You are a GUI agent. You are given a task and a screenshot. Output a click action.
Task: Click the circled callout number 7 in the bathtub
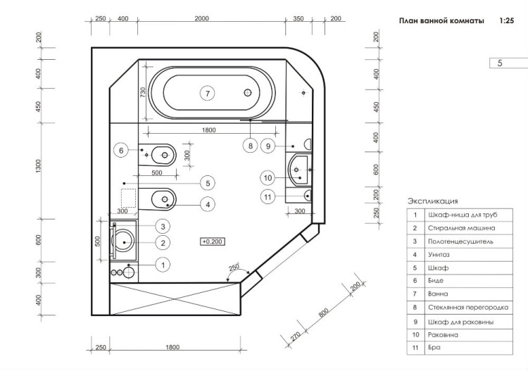pyautogui.click(x=206, y=93)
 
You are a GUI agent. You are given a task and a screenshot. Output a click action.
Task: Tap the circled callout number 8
pyautogui.click(x=249, y=146)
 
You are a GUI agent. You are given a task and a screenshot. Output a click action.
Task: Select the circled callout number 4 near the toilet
pyautogui.click(x=207, y=203)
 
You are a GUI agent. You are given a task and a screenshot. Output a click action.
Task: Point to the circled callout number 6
pyautogui.click(x=121, y=150)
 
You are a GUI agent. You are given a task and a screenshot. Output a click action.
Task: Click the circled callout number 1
pyautogui.click(x=162, y=265)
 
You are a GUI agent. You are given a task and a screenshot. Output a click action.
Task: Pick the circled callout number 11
pyautogui.click(x=268, y=197)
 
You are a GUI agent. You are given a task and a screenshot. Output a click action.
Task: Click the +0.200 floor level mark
pyautogui.click(x=212, y=241)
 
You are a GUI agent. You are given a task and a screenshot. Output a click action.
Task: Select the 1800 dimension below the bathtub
pyautogui.click(x=208, y=130)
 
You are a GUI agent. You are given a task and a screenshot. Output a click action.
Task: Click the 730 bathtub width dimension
pyautogui.click(x=142, y=92)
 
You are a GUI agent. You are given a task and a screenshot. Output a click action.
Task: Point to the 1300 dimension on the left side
pyautogui.click(x=39, y=166)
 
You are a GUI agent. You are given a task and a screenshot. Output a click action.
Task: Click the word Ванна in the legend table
pyautogui.click(x=438, y=294)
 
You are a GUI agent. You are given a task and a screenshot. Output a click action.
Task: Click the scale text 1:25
pyautogui.click(x=505, y=22)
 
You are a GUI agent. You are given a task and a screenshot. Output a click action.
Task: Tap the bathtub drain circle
pyautogui.click(x=247, y=92)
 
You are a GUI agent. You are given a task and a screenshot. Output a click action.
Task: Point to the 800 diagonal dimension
pyautogui.click(x=323, y=313)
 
